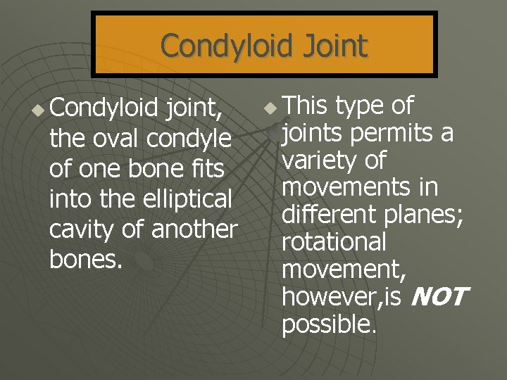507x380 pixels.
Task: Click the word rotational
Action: point(334,242)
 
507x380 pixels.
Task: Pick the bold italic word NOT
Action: point(437,297)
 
